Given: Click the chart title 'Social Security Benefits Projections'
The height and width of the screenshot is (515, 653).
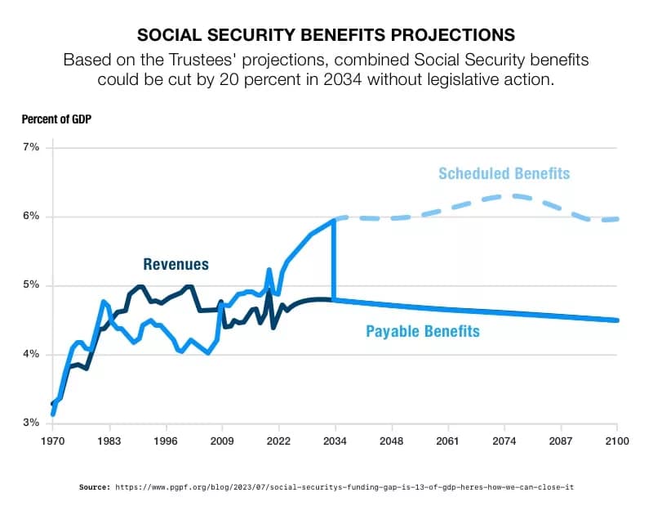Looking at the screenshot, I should [x=326, y=35].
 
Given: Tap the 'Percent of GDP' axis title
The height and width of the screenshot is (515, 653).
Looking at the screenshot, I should [x=56, y=119].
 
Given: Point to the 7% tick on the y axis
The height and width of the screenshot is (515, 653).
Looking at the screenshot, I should [x=30, y=147].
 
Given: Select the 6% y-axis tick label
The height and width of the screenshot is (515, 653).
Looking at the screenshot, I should [x=30, y=217].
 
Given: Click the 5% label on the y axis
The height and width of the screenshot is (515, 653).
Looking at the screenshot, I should [x=30, y=285].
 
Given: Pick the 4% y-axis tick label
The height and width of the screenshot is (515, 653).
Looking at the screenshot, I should [x=30, y=355].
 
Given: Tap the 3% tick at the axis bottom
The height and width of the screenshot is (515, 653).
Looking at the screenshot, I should [x=30, y=423].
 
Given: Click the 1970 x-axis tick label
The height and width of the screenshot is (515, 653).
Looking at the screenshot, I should [x=53, y=441].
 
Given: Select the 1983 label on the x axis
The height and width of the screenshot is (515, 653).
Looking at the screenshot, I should [x=110, y=441].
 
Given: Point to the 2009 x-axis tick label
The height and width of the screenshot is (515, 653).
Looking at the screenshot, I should [x=223, y=441].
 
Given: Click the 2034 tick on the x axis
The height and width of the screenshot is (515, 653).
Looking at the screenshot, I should [x=335, y=441].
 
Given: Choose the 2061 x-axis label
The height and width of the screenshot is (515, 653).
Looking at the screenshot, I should [x=448, y=441].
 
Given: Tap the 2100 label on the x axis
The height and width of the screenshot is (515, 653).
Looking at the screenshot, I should [x=616, y=441].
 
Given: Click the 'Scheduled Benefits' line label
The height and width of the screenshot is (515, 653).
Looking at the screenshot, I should [x=504, y=173].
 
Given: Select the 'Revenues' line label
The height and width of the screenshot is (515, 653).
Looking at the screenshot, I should [x=175, y=264].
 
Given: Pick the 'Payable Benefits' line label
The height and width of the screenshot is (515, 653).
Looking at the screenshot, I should [x=422, y=331].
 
